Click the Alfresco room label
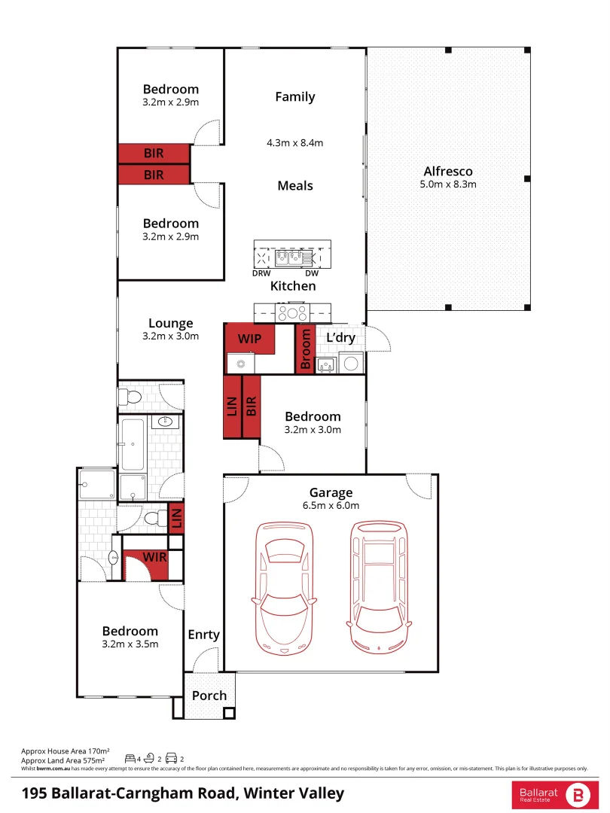[x=448, y=172]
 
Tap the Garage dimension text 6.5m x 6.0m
[x=331, y=506]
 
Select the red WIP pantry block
[x=249, y=340]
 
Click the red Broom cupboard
[x=306, y=349]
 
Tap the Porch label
[x=209, y=696]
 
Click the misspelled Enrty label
[x=203, y=635]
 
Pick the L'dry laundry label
[x=340, y=338]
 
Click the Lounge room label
[x=170, y=324]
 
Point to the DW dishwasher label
[x=312, y=273]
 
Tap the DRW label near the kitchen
[x=261, y=273]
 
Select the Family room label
[x=294, y=97]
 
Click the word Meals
[x=294, y=186]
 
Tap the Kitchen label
[x=293, y=286]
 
